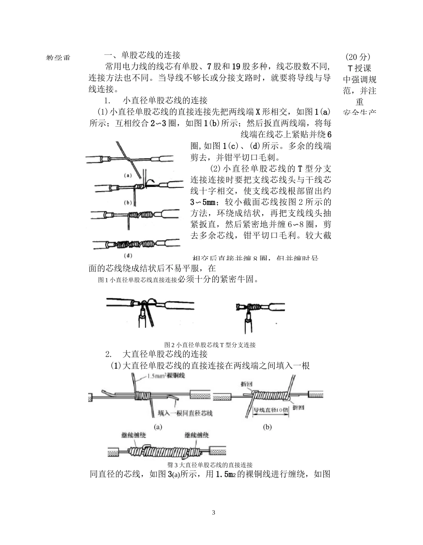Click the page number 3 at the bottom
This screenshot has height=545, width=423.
(x=214, y=512)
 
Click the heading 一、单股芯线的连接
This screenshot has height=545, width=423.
(x=142, y=55)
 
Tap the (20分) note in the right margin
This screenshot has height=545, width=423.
(x=358, y=57)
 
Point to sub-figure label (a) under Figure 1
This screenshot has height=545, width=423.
(x=128, y=175)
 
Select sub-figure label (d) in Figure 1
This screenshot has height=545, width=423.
(x=128, y=256)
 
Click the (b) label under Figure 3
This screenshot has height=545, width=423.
(x=267, y=427)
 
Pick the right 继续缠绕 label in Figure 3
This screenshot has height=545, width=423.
(x=197, y=435)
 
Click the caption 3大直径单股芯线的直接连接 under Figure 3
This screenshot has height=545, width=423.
(x=212, y=465)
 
